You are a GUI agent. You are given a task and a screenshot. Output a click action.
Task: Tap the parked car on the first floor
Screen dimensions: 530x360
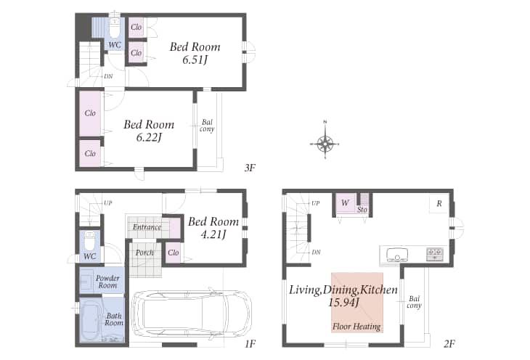click(x=192, y=313)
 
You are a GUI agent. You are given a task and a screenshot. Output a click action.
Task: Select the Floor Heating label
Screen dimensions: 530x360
click(x=356, y=326)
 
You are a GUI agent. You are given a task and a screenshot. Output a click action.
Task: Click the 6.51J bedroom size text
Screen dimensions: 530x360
click(x=195, y=60)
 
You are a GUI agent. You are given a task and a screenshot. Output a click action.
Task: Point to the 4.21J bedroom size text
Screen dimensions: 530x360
click(x=213, y=234)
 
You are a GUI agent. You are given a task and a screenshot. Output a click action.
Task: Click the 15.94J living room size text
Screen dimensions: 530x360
click(x=343, y=302)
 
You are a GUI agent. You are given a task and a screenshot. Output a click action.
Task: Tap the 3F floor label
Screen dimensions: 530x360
click(x=250, y=168)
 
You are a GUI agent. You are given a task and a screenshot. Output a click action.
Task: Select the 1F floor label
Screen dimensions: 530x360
click(x=250, y=344)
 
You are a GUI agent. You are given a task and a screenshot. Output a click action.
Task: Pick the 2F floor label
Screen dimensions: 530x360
click(x=449, y=344)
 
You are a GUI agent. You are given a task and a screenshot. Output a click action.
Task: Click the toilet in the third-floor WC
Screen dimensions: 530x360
click(x=115, y=28)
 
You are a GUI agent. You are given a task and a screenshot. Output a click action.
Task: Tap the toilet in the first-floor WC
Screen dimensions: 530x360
click(x=90, y=241)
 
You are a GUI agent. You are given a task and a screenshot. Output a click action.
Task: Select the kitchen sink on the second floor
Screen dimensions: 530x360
click(x=397, y=255)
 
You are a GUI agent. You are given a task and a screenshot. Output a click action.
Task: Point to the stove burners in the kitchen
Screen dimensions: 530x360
click(x=435, y=254)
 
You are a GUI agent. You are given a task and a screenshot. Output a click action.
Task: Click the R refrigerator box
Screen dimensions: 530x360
click(x=439, y=203)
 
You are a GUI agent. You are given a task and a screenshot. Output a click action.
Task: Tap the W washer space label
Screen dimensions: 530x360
click(x=345, y=202)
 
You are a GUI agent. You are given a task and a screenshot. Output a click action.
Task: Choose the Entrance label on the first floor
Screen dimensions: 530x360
click(x=147, y=227)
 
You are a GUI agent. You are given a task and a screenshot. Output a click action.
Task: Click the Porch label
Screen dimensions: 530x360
click(x=144, y=253)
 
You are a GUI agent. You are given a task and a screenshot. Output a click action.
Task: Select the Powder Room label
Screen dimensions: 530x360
click(x=107, y=282)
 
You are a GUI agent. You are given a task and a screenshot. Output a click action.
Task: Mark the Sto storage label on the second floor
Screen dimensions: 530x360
click(x=362, y=210)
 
